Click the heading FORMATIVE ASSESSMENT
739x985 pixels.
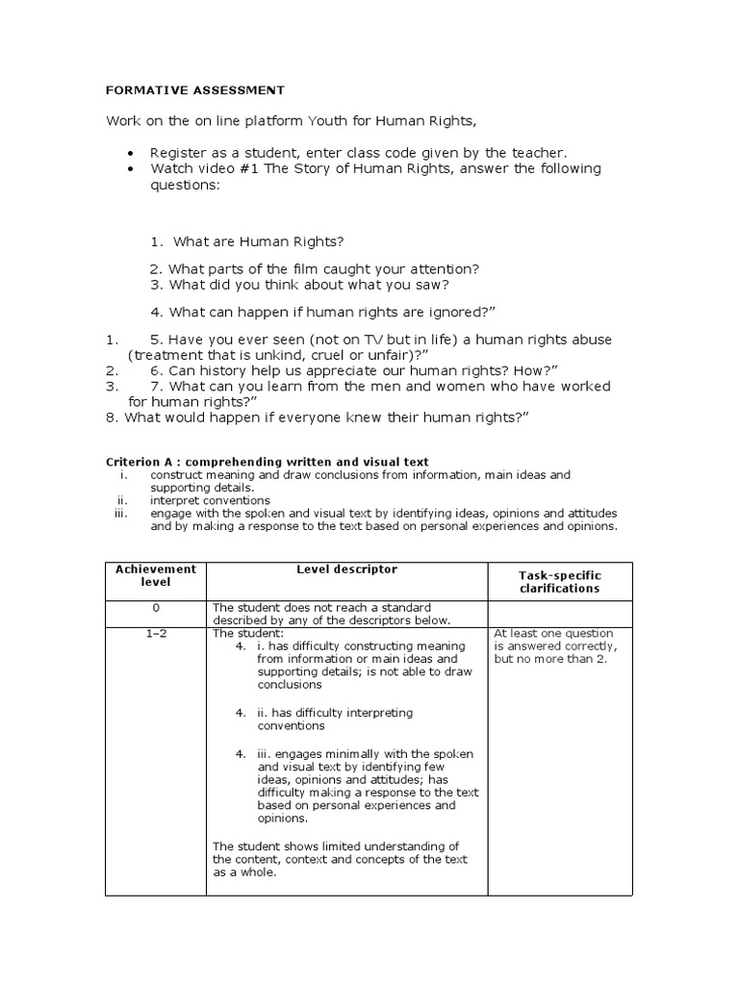click(x=194, y=90)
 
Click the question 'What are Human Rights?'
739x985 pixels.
click(x=257, y=240)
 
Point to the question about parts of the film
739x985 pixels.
click(x=314, y=269)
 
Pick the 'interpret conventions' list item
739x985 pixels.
click(x=210, y=500)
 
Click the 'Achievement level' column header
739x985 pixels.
click(x=155, y=575)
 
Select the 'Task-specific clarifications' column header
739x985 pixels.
click(x=559, y=581)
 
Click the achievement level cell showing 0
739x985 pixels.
click(x=155, y=608)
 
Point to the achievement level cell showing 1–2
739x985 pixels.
click(x=155, y=633)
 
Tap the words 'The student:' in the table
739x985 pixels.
click(x=248, y=633)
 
